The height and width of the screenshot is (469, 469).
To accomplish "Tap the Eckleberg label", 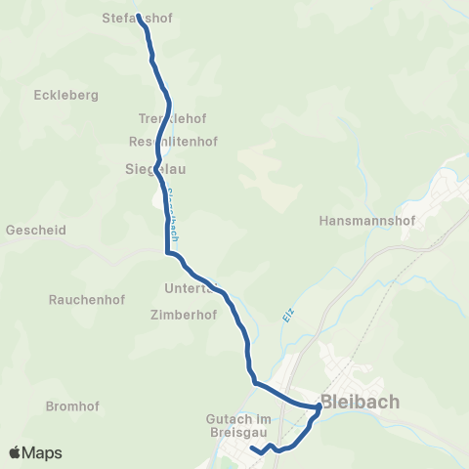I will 67,96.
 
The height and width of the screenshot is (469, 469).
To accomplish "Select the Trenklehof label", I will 172,118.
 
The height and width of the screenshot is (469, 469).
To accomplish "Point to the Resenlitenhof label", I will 173,141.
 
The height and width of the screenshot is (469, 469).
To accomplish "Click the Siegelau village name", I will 155,168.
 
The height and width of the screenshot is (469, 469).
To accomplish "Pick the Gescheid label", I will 35,232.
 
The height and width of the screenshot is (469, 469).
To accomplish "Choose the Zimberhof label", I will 183,316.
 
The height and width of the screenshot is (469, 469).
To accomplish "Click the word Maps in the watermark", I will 43,452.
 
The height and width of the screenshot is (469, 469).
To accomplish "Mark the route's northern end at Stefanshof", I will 139,16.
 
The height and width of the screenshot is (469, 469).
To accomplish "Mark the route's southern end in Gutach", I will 252,449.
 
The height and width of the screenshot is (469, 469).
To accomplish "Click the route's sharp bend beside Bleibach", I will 319,406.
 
